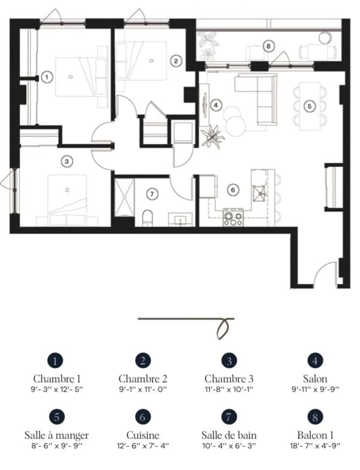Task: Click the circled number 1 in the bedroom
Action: pyautogui.click(x=47, y=77)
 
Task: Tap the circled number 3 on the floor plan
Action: pyautogui.click(x=66, y=162)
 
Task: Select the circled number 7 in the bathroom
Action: pyautogui.click(x=152, y=194)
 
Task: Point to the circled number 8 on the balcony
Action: pyautogui.click(x=268, y=46)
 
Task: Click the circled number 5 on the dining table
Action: pyautogui.click(x=309, y=106)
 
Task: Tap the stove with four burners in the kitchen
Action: pyautogui.click(x=233, y=217)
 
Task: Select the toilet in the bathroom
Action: pyautogui.click(x=147, y=218)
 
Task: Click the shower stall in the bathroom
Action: pyautogui.click(x=124, y=198)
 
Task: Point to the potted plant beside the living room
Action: pyautogui.click(x=213, y=137)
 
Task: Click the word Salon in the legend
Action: pyautogui.click(x=314, y=378)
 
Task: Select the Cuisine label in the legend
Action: pyautogui.click(x=142, y=435)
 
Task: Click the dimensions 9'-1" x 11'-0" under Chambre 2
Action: pyautogui.click(x=142, y=389)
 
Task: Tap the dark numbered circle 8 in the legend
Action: pyautogui.click(x=315, y=417)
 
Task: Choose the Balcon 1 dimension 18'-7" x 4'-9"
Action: pyautogui.click(x=315, y=446)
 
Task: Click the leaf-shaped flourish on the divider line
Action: pyautogui.click(x=224, y=328)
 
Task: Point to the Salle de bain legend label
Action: pyautogui.click(x=229, y=435)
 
